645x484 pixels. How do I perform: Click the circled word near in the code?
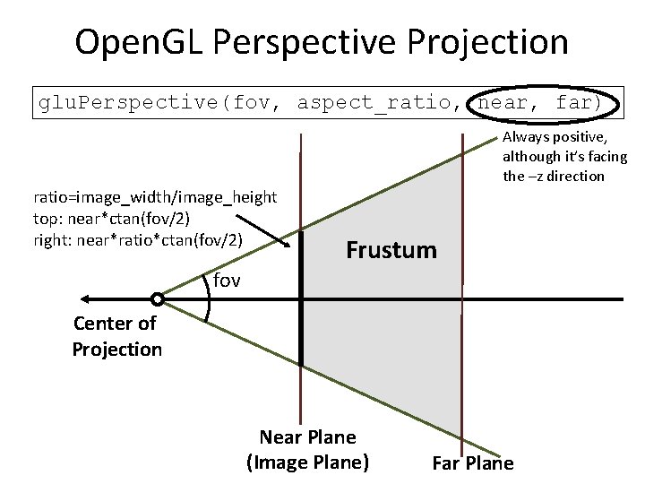point(503,103)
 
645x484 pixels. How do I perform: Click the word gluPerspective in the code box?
point(131,103)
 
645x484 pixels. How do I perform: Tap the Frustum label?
point(391,250)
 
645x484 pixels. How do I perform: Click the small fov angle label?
point(228,281)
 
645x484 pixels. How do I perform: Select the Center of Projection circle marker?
point(158,299)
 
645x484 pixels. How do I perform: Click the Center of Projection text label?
point(116,336)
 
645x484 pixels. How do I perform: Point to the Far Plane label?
point(473,463)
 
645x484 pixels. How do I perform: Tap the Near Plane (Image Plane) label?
point(307,450)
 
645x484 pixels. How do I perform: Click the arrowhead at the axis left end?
point(85,299)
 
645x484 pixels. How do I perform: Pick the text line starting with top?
point(111,218)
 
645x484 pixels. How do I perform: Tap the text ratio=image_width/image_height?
point(155,196)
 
